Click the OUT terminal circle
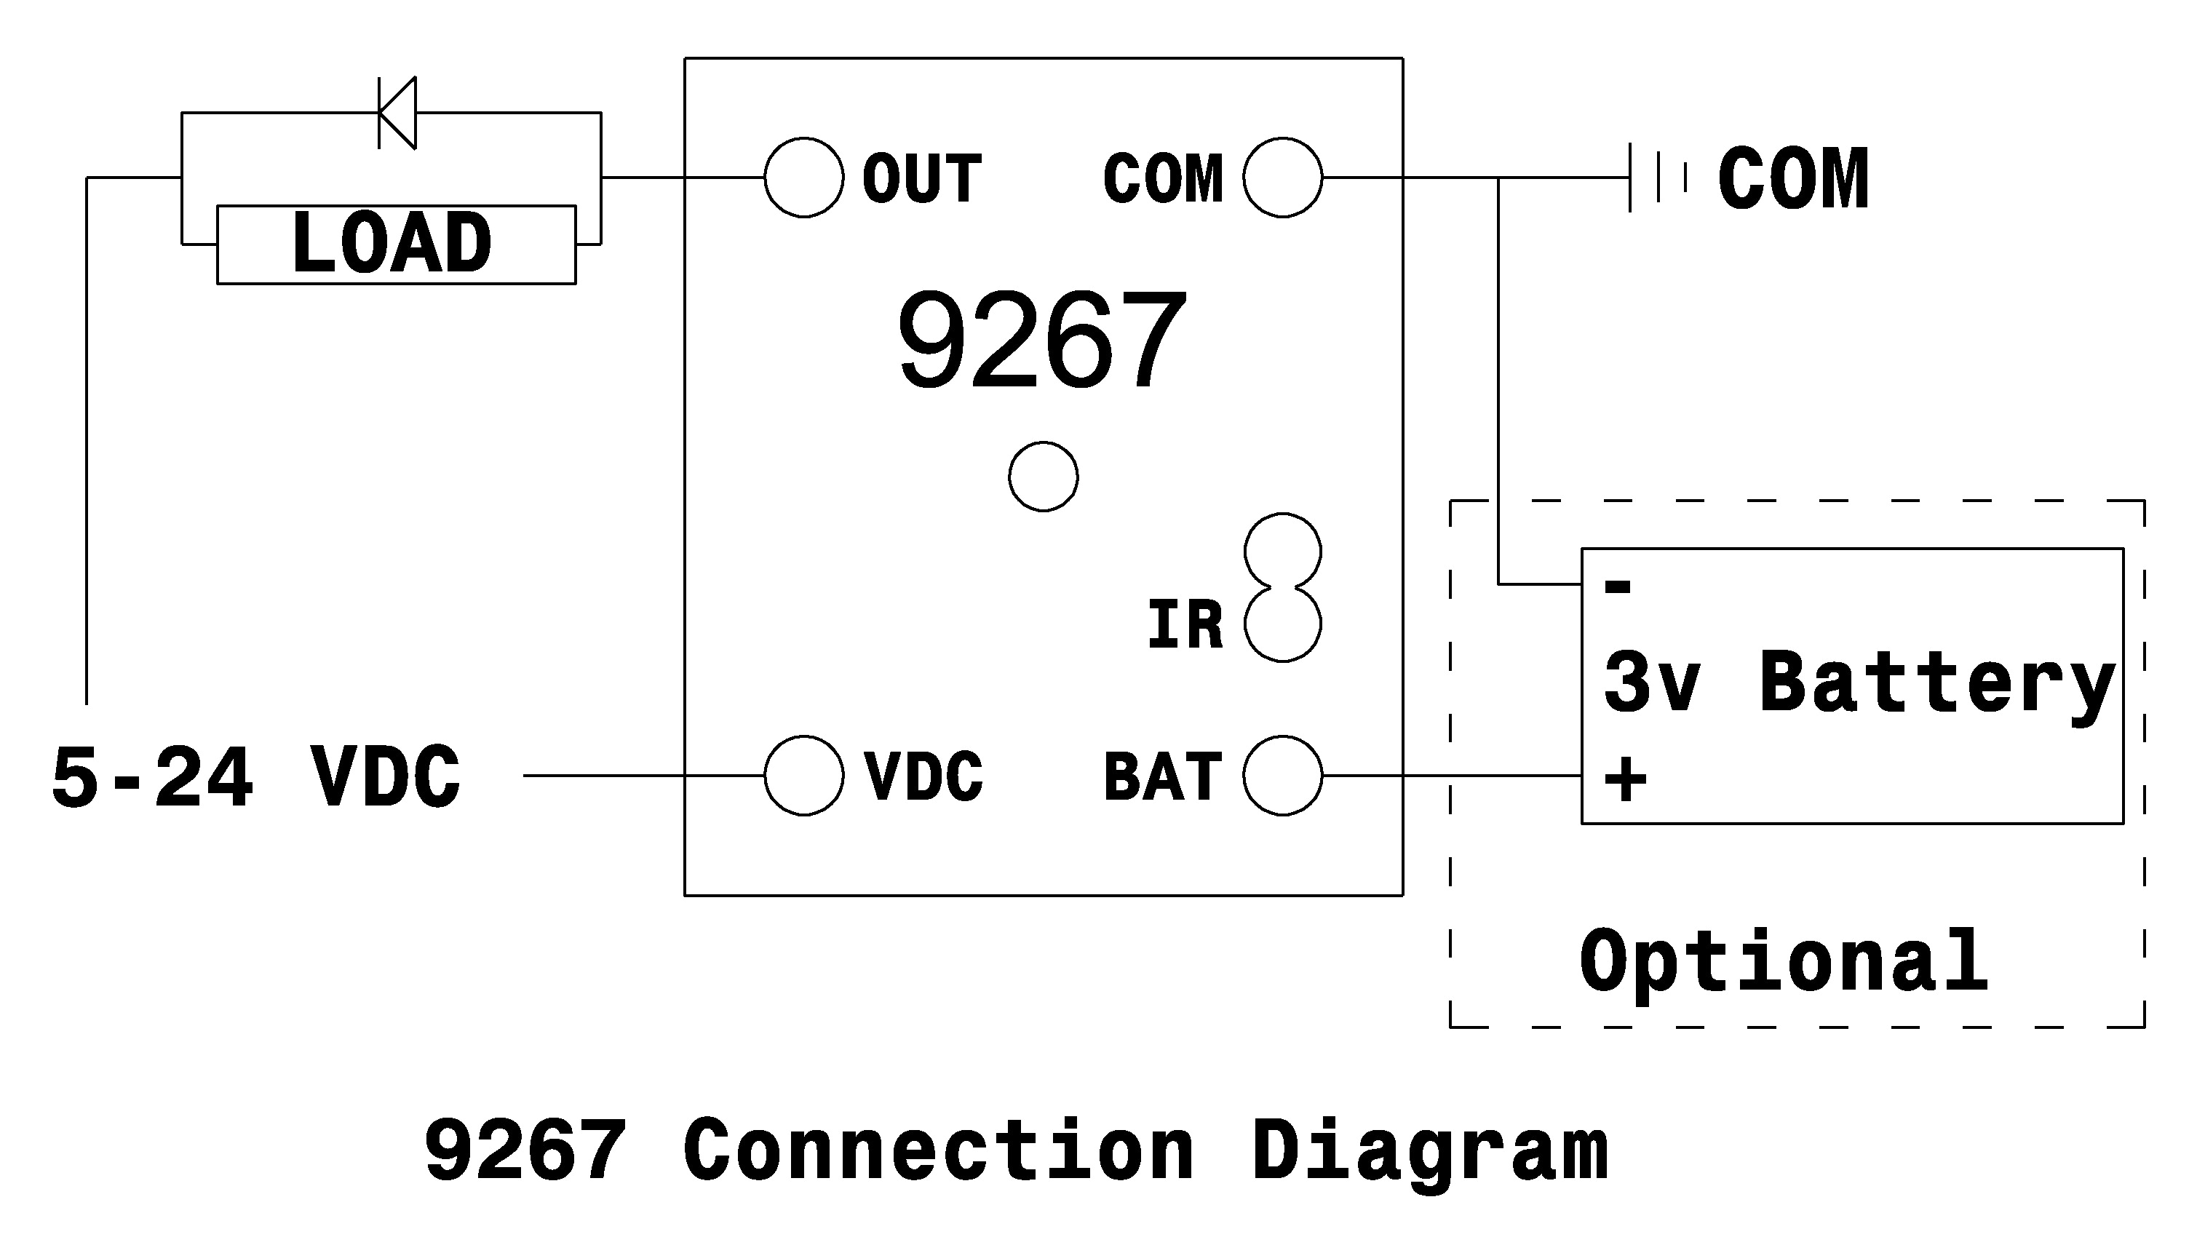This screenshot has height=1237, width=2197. [x=803, y=178]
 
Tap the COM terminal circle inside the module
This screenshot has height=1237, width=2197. [x=1282, y=178]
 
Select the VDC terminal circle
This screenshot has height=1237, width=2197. [x=803, y=775]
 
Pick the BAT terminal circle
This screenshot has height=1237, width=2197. [x=1282, y=775]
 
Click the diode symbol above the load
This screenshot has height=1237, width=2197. [x=397, y=113]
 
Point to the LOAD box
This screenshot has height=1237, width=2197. [x=396, y=244]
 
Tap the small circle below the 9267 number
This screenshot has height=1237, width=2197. [x=1042, y=477]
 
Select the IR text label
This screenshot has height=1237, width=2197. [x=1185, y=625]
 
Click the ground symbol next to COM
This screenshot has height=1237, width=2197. [x=1656, y=178]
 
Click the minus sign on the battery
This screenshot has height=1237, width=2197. [x=1618, y=586]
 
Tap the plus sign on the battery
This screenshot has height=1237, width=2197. [x=1625, y=779]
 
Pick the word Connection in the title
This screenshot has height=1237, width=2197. [x=938, y=1151]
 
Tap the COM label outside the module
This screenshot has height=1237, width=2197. [x=1792, y=179]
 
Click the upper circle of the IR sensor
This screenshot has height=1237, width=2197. [x=1282, y=552]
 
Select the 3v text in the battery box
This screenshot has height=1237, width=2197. [x=1651, y=682]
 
